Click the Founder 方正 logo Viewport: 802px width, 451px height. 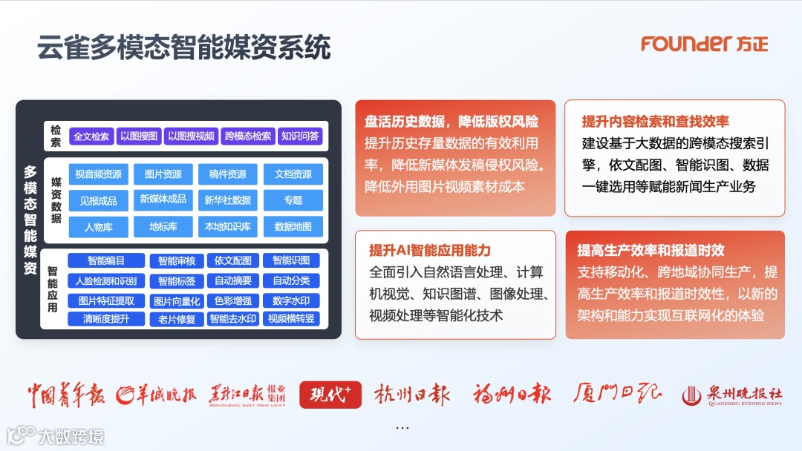click(x=704, y=44)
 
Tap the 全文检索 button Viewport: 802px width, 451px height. click(x=91, y=136)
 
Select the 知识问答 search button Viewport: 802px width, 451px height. click(x=301, y=136)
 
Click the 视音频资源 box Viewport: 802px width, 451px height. click(x=98, y=174)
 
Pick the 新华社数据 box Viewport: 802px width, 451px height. click(x=227, y=200)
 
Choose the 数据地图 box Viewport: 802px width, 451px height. click(x=293, y=226)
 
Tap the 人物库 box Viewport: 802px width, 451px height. click(x=98, y=226)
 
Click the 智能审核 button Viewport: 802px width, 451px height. click(x=177, y=261)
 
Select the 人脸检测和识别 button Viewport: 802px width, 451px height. click(x=106, y=281)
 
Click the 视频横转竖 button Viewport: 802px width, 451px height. click(x=291, y=319)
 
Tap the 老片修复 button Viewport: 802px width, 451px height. click(x=177, y=320)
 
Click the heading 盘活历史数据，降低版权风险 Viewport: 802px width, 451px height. click(x=451, y=122)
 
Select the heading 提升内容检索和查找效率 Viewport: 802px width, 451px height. click(x=655, y=122)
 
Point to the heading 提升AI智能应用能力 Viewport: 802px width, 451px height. click(x=430, y=250)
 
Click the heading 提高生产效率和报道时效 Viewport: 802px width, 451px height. click(x=651, y=250)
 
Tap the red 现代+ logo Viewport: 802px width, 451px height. click(x=330, y=395)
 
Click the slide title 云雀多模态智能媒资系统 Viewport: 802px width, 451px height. click(x=183, y=47)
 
